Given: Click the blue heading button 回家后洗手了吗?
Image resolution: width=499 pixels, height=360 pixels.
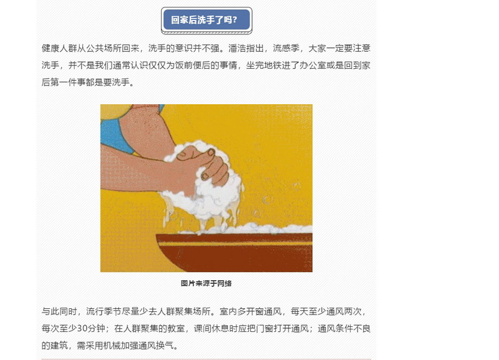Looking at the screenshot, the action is click(x=206, y=20).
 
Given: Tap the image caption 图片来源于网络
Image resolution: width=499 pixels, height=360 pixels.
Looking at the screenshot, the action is click(x=206, y=283).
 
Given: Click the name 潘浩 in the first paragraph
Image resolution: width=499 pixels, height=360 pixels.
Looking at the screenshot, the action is click(x=237, y=49).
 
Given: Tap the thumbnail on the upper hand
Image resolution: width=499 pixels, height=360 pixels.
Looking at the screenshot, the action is click(x=211, y=152).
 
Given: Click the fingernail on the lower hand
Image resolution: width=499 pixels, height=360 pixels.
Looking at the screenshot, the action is click(x=205, y=176).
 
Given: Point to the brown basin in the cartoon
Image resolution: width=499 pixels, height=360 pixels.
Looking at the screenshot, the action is click(x=234, y=253).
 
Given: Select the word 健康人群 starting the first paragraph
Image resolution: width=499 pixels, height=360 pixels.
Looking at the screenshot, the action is click(x=59, y=49).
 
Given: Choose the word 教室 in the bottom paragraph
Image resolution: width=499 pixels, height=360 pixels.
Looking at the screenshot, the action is click(x=176, y=328).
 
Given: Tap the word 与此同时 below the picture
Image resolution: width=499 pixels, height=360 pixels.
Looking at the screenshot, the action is click(x=59, y=311).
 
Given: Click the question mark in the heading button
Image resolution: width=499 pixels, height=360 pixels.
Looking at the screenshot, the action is click(x=235, y=20).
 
